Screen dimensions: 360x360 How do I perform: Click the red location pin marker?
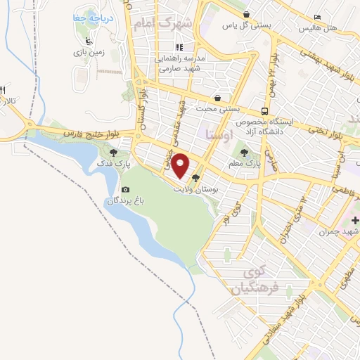[181, 165]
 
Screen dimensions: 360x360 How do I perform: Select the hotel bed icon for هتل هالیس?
[318, 17]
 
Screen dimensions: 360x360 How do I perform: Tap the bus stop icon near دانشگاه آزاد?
[264, 111]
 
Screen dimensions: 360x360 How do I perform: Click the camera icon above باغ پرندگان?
[125, 189]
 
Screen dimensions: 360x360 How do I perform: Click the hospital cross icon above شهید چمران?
[355, 221]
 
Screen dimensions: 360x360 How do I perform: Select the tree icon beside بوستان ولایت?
[195, 178]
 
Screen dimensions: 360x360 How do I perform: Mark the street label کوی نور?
[226, 215]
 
